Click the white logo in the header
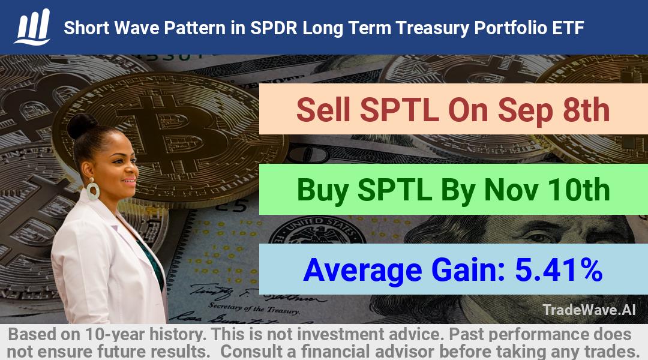pos(32,27)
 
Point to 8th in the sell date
pos(586,110)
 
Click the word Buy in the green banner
pos(323,191)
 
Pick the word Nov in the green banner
pos(511,190)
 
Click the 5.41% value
pos(559,270)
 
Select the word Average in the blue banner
pos(362,271)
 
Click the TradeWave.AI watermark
pos(589,310)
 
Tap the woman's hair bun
pos(82,125)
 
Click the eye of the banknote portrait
pos(538,238)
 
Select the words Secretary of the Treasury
pos(253,308)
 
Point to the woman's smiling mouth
pos(130,181)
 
